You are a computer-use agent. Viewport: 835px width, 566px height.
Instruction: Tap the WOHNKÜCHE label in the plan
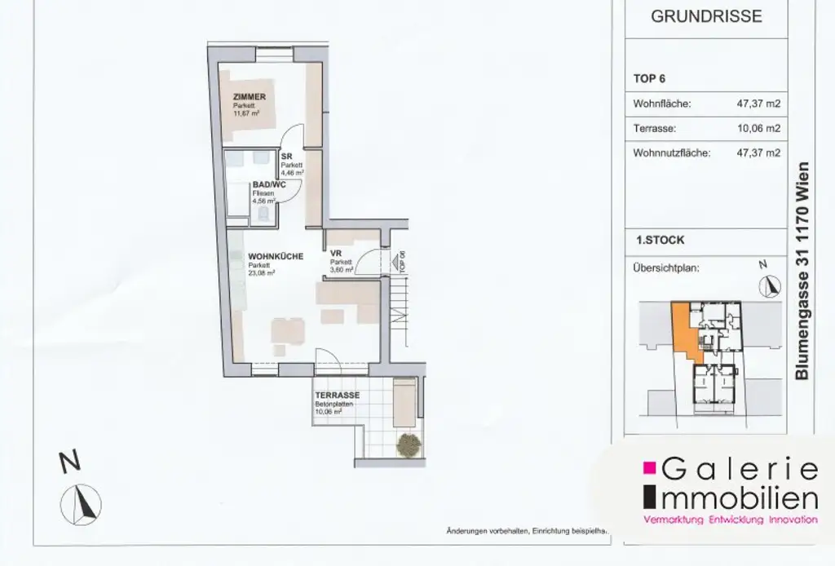276,256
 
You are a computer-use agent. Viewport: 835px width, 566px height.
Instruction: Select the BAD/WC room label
267,186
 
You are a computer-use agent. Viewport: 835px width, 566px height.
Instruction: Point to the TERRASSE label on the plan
337,396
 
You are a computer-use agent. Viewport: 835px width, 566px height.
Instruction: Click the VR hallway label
334,253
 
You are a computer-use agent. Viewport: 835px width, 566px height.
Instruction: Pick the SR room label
286,157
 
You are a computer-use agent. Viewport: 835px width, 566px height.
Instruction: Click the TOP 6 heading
650,79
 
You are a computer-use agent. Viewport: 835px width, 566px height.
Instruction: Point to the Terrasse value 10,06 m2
758,128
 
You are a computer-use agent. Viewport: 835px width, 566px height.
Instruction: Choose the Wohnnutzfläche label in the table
671,153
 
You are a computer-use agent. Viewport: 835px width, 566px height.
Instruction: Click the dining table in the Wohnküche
289,330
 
